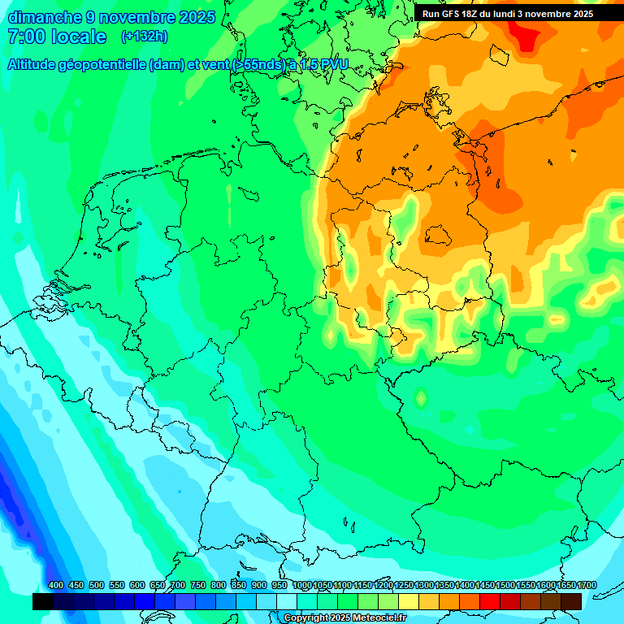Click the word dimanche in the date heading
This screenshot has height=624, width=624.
point(45,17)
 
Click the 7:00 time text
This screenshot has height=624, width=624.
point(24,37)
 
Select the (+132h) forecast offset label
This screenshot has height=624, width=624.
point(144,37)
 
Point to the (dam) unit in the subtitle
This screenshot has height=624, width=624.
point(166,65)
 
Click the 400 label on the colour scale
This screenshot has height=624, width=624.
point(56,586)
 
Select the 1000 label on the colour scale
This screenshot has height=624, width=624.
point(301,586)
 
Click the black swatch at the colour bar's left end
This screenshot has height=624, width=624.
point(43,601)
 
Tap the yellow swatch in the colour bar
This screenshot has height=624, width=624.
point(409,601)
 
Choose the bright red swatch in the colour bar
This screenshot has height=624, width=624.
point(490,601)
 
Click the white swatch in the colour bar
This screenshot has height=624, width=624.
point(287,601)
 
